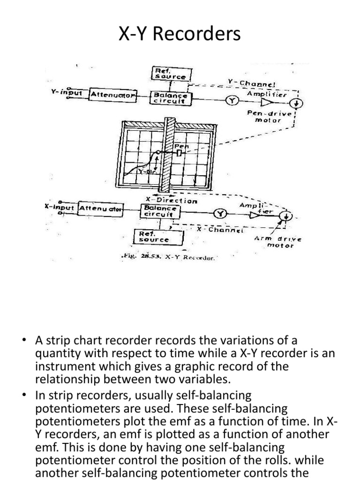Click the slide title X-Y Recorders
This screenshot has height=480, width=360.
180,35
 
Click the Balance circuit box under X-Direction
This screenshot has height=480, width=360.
159,211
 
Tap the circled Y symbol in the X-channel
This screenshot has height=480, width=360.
219,214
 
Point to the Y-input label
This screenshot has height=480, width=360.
66,92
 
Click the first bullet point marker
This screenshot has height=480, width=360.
23,340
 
